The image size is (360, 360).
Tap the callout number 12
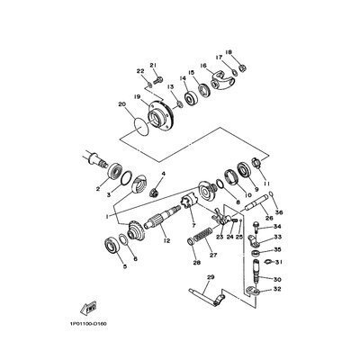click(167, 241)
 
